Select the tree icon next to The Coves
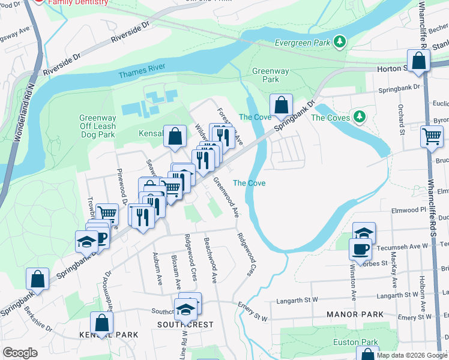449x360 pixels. (360, 116)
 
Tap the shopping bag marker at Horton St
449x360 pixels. (418, 61)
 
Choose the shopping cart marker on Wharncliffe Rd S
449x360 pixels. (432, 136)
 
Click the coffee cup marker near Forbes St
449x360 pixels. (360, 249)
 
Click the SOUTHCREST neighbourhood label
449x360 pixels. (185, 325)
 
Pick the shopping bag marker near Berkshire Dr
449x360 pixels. (37, 279)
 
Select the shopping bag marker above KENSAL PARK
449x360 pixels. (101, 323)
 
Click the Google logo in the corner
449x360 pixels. (20, 353)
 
